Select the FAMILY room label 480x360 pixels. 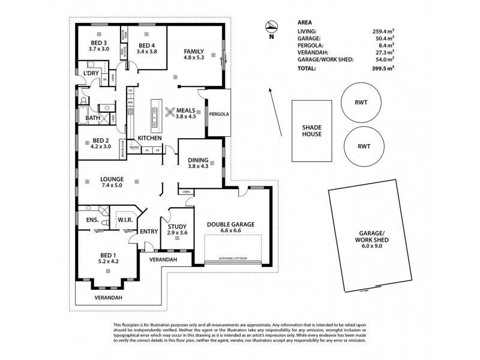tap(193, 51)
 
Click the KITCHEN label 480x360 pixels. tap(149, 138)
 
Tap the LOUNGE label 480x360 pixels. tap(112, 179)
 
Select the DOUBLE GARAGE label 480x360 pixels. tap(231, 224)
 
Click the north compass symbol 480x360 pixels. tap(271, 27)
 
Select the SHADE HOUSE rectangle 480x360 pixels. tap(311, 130)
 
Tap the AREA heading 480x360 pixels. tap(305, 22)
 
